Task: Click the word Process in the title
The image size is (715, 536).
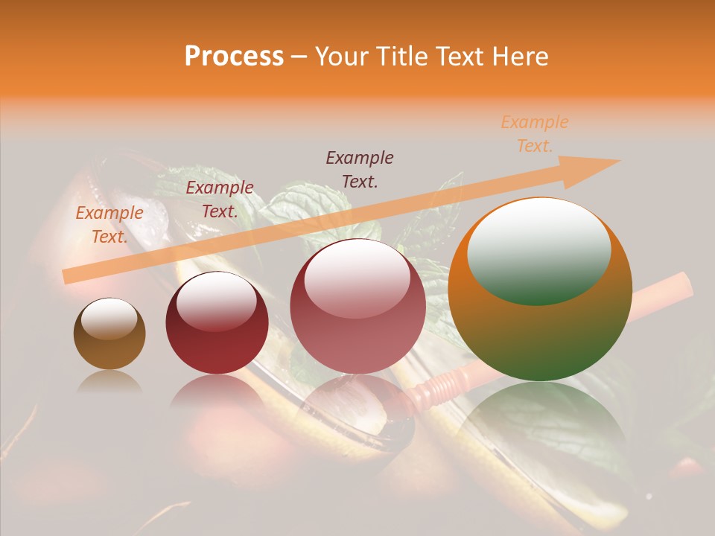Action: click(234, 57)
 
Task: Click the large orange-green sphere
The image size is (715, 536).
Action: click(540, 328)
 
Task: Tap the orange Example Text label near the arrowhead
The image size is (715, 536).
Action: click(534, 134)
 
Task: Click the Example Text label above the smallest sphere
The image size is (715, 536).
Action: click(109, 225)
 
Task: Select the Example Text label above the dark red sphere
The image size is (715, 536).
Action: click(220, 200)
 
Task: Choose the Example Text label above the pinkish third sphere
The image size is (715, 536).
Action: click(360, 169)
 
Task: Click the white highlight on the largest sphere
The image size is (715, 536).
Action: click(538, 249)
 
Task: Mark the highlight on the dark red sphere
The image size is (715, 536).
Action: click(217, 301)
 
